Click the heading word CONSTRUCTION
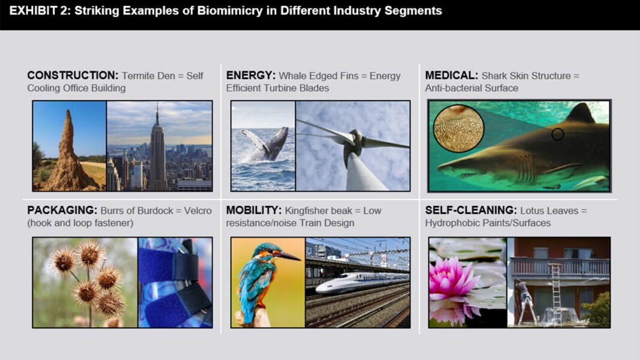pyautogui.click(x=73, y=75)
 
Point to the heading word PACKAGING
pyautogui.click(x=62, y=210)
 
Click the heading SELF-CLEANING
pyautogui.click(x=471, y=210)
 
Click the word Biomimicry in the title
pyautogui.click(x=230, y=11)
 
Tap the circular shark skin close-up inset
pyautogui.click(x=458, y=128)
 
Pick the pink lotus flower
pyautogui.click(x=452, y=277)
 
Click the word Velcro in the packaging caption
pyautogui.click(x=198, y=211)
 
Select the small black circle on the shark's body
pyautogui.click(x=557, y=134)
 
